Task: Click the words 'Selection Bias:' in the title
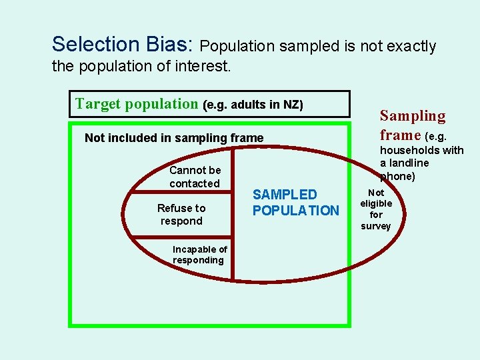122,45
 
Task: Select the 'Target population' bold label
137,104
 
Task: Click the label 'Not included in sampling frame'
174,138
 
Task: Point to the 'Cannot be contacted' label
195,177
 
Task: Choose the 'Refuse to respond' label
181,215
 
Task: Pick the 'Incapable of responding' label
199,255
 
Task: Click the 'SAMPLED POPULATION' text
295,203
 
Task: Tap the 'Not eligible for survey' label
376,209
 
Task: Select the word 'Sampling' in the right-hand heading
413,116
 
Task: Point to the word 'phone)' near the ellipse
398,177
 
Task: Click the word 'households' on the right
406,151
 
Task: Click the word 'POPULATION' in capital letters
295,211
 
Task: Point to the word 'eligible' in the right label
376,203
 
